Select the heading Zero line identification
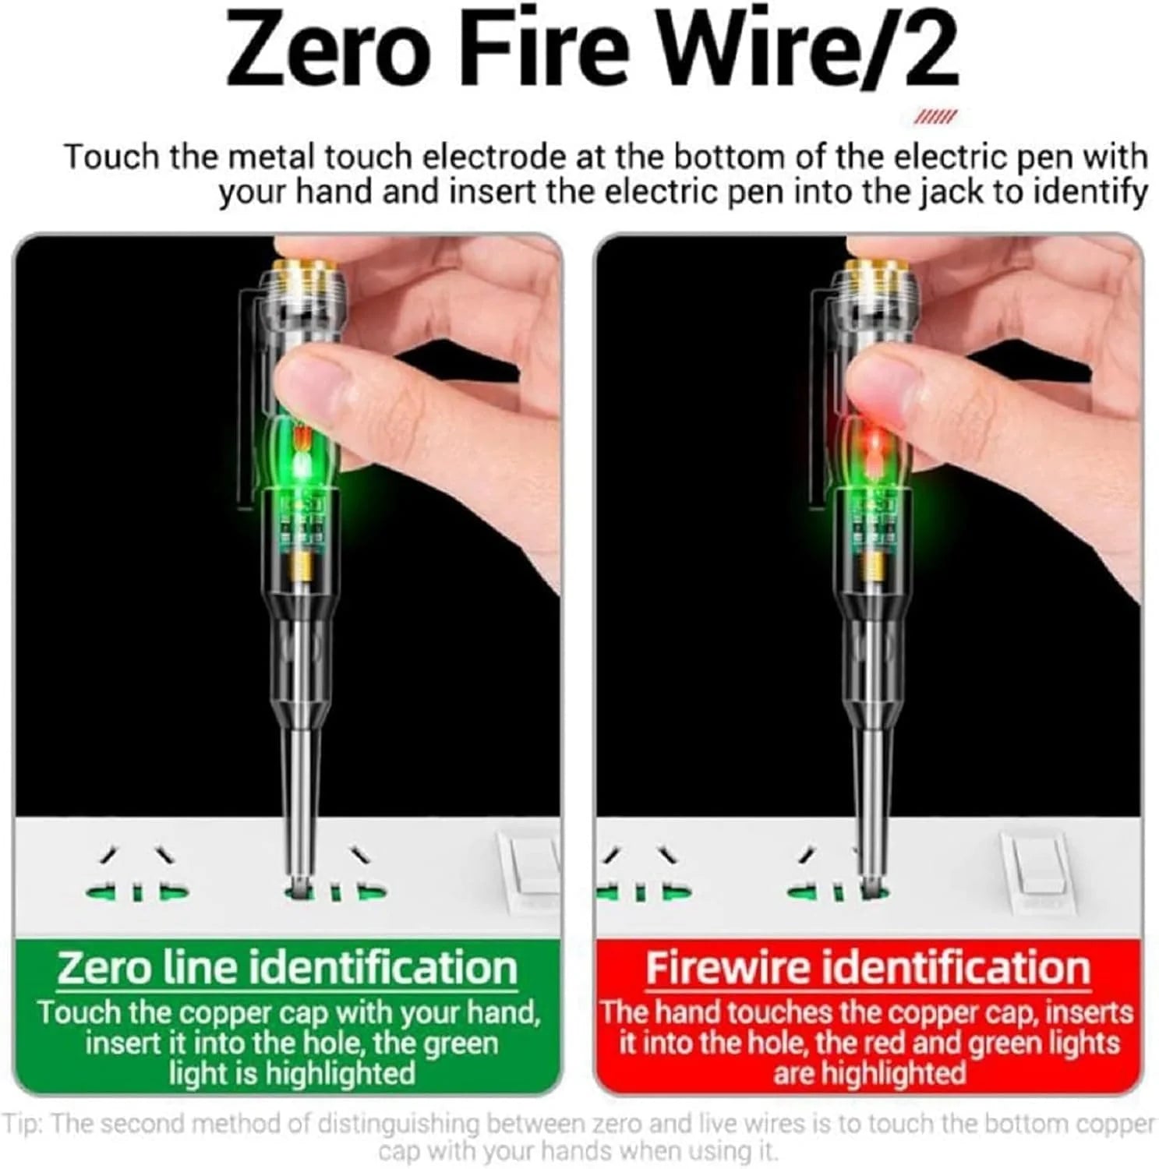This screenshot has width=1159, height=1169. point(287,968)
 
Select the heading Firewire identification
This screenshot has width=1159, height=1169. point(867,968)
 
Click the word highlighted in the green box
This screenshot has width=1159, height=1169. point(340,1074)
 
